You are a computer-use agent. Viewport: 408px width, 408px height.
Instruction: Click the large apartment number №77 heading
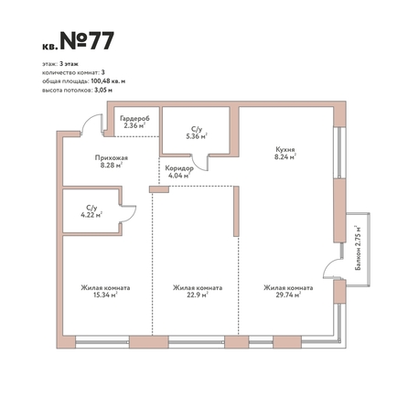pyautogui.click(x=87, y=40)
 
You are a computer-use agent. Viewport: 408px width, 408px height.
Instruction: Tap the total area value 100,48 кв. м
pyautogui.click(x=108, y=81)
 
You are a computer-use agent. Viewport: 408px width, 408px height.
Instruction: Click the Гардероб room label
pyautogui.click(x=134, y=118)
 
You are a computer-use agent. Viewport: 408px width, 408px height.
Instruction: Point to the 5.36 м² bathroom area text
pyautogui.click(x=197, y=136)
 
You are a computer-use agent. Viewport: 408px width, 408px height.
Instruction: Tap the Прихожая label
pyautogui.click(x=112, y=158)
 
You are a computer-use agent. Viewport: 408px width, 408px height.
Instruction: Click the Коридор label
pyautogui.click(x=179, y=168)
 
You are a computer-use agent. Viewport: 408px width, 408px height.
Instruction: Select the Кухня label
pyautogui.click(x=285, y=150)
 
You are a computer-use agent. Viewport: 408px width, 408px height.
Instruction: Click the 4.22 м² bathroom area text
pyautogui.click(x=91, y=215)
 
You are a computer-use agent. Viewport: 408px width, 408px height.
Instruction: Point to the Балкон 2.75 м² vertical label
pyautogui.click(x=359, y=248)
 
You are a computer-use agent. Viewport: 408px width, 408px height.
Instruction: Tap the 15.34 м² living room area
pyautogui.click(x=105, y=295)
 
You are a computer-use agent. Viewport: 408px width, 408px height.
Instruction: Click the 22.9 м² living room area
pyautogui.click(x=198, y=295)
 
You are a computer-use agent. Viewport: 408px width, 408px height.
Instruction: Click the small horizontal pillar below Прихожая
pyautogui.click(x=159, y=189)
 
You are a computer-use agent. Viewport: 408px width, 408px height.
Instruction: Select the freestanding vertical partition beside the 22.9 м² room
pyautogui.click(x=236, y=211)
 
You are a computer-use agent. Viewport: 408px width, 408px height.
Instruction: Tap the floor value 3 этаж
pyautogui.click(x=69, y=64)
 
